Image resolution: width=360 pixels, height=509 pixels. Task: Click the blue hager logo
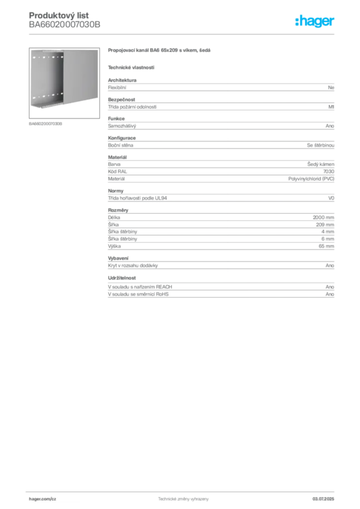point(316,21)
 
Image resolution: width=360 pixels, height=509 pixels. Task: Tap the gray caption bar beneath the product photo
point(46,124)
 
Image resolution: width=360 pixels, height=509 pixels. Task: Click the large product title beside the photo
point(161,52)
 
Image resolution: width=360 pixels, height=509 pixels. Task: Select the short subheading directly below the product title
point(131,67)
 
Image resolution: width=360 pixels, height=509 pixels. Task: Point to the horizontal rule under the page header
point(183,34)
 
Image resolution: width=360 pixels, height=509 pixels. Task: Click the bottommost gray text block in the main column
point(221,288)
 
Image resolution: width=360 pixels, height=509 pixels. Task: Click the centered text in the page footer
point(183,497)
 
